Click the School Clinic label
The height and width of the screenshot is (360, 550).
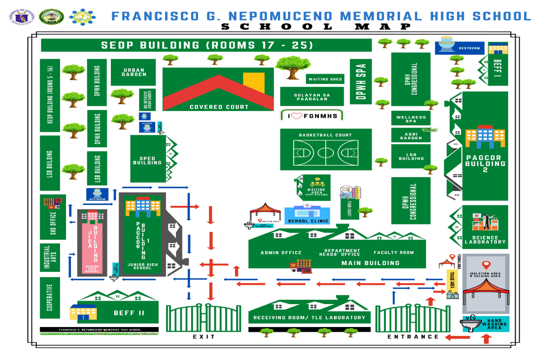pyautogui.click(x=308, y=221)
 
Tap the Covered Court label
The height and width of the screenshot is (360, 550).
pyautogui.click(x=219, y=107)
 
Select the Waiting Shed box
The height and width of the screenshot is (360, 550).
pyautogui.click(x=325, y=79)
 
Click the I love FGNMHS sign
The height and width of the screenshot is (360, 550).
pyautogui.click(x=312, y=116)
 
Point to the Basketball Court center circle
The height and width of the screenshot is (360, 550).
pyautogui.click(x=325, y=152)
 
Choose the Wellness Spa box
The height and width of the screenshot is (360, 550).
pyautogui.click(x=411, y=118)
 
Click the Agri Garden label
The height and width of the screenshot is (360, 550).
pyautogui.click(x=411, y=136)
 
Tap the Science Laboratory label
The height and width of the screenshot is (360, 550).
pyautogui.click(x=485, y=240)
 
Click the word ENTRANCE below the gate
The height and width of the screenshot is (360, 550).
pyautogui.click(x=413, y=337)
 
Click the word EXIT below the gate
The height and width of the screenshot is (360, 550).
pyautogui.click(x=203, y=337)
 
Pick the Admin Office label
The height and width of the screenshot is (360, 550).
pyautogui.click(x=281, y=253)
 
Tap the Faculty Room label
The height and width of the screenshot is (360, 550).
pyautogui.click(x=393, y=253)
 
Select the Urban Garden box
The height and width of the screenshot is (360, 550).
pyautogui.click(x=133, y=72)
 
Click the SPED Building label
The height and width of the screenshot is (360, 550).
pyautogui.click(x=147, y=160)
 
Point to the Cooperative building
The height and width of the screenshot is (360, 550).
pyautogui.click(x=49, y=297)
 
